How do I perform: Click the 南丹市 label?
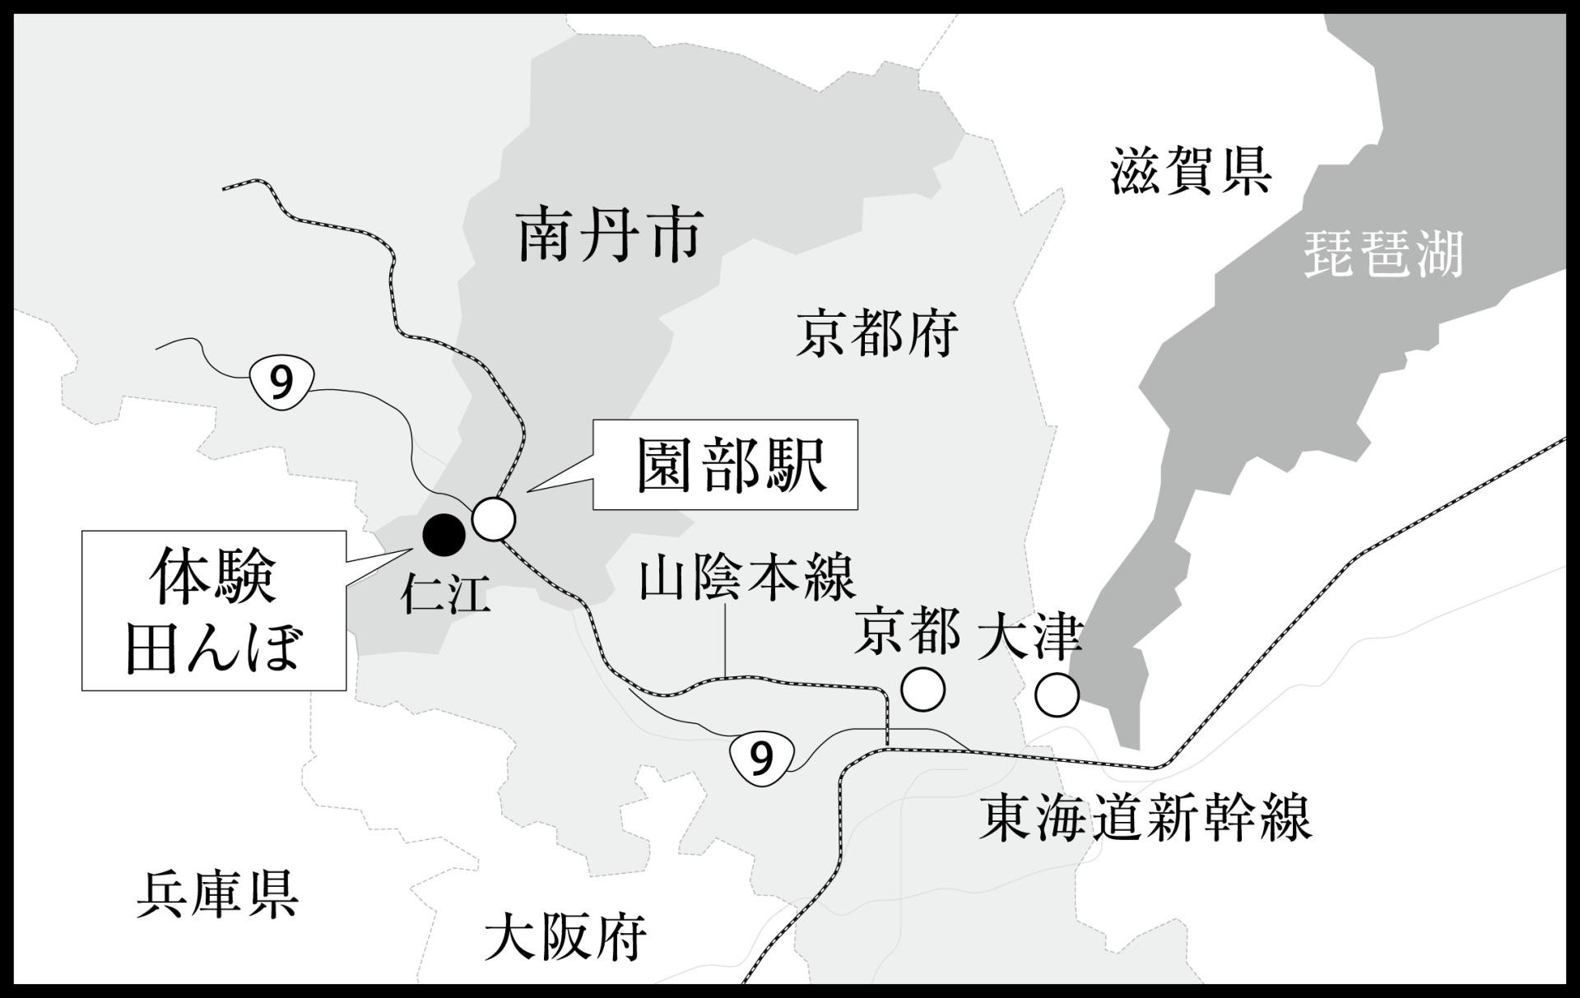pos(609,235)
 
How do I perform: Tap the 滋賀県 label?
pos(1190,171)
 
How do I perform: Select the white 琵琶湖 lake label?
pos(1383,253)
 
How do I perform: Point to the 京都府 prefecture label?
pos(877,333)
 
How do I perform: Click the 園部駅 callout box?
pos(725,465)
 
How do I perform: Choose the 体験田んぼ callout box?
pos(213,610)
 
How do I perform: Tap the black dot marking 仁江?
pos(444,535)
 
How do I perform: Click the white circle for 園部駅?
pos(494,519)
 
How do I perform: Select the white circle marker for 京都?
pos(922,689)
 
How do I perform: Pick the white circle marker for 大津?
pos(1057,695)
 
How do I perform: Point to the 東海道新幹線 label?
pos(1145,817)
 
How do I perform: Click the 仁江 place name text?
pos(445,594)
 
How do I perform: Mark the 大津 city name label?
pos(1029,634)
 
